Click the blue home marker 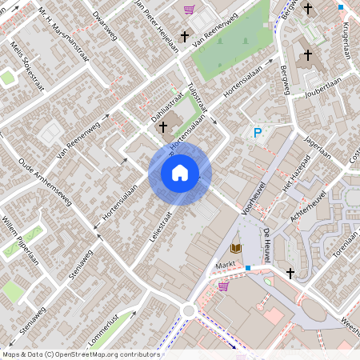pos(180,172)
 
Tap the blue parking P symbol pos(258,134)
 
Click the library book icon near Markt pos(236,249)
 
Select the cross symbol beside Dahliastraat pos(163,126)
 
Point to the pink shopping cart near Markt pos(224,286)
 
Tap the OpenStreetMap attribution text pos(81,354)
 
